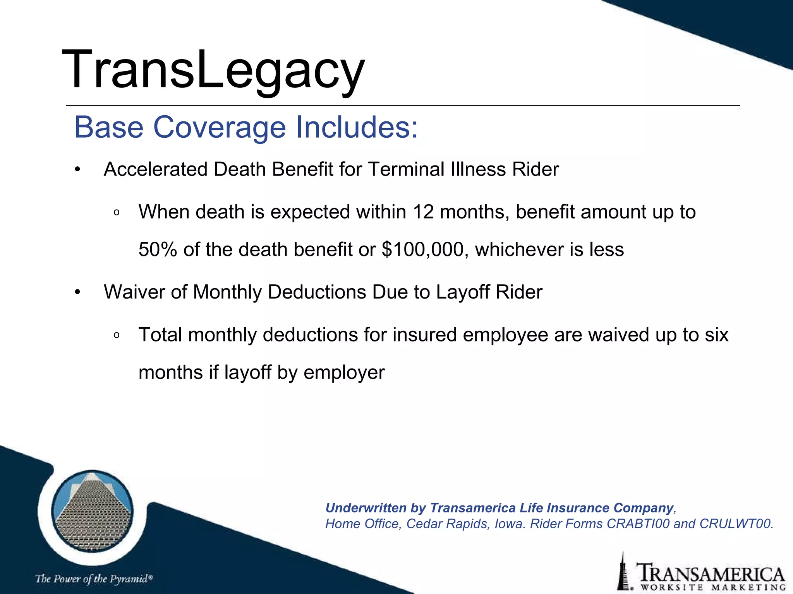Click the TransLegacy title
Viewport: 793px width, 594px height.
(213, 70)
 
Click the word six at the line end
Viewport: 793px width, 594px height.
(717, 335)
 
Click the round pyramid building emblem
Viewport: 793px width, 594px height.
(92, 510)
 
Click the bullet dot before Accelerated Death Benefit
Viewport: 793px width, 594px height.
(77, 170)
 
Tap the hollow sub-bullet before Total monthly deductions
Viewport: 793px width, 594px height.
(117, 336)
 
